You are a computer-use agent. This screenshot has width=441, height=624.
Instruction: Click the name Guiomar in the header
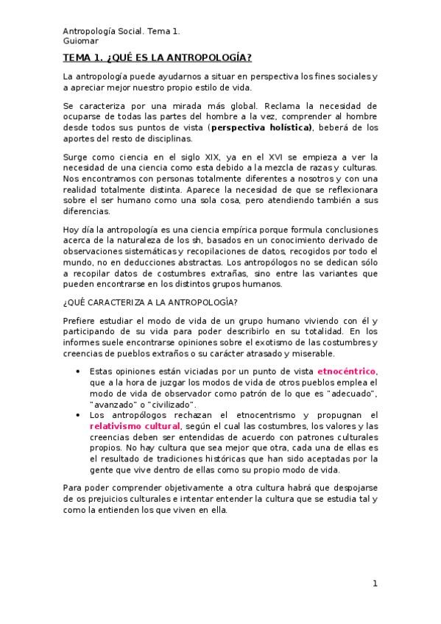click(79, 41)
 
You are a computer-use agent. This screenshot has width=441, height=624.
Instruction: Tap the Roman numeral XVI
click(255, 157)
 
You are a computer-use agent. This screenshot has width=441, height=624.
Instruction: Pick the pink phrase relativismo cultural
click(135, 426)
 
